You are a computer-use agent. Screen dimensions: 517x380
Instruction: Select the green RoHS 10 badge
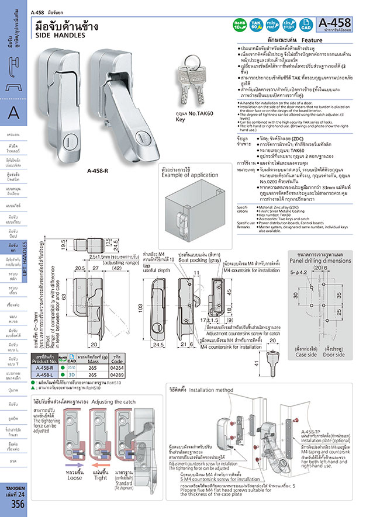click(239, 24)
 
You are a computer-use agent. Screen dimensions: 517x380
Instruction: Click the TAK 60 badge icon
click(255, 24)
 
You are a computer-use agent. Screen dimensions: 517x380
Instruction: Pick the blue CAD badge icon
click(305, 24)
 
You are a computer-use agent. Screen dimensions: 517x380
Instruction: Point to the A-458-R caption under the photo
click(98, 171)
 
